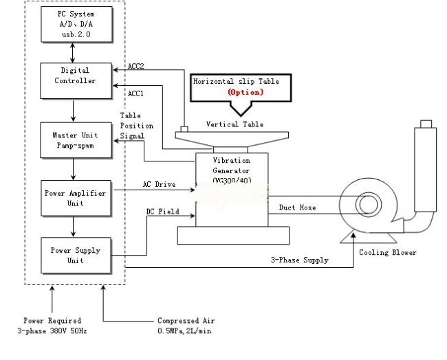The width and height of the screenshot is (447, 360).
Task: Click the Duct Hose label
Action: [298, 207]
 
